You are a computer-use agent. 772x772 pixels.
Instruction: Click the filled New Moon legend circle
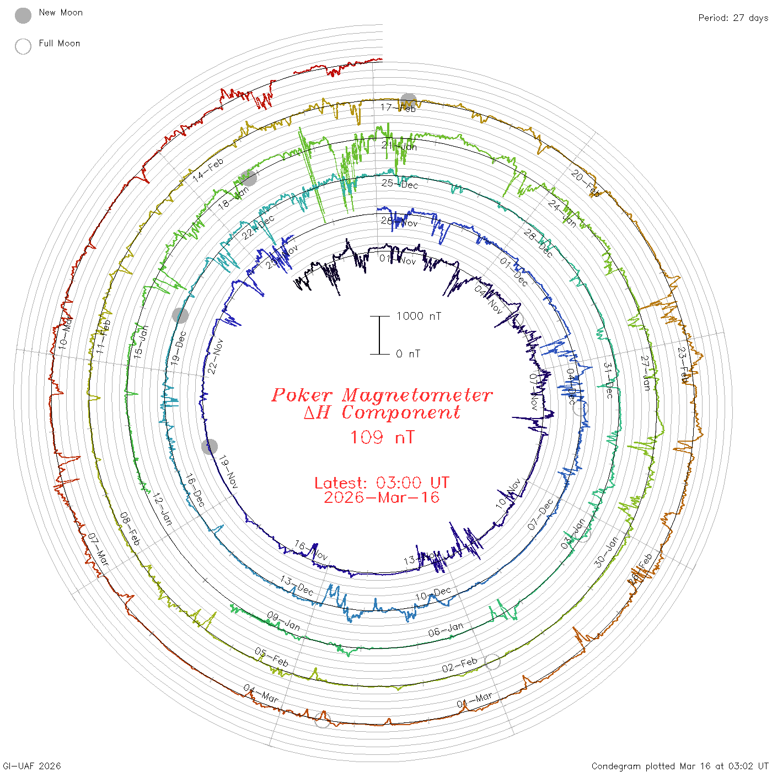coord(23,16)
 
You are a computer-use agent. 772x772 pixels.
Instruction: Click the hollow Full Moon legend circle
coord(23,46)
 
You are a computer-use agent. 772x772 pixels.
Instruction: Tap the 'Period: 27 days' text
coord(733,18)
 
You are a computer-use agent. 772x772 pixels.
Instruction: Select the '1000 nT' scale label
coord(419,316)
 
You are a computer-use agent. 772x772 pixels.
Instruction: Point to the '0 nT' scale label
coord(408,353)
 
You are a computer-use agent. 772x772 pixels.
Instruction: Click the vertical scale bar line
coord(379,335)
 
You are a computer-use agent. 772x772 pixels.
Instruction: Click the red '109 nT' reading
coord(382,437)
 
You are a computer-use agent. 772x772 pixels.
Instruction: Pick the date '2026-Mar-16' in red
coord(382,497)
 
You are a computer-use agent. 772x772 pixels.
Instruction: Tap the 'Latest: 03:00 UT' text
coord(382,482)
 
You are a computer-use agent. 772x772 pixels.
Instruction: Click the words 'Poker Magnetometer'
coord(382,395)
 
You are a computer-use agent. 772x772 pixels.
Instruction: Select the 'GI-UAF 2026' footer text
coord(32,766)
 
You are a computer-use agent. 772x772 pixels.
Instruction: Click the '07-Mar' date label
coord(99,549)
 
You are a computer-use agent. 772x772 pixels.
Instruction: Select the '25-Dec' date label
coord(400,184)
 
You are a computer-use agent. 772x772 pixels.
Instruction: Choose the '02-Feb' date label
coord(459,665)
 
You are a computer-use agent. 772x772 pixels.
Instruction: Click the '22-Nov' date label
coord(216,356)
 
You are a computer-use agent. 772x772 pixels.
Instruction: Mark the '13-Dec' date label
coord(297,586)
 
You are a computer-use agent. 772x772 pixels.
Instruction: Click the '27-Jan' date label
coord(645,373)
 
